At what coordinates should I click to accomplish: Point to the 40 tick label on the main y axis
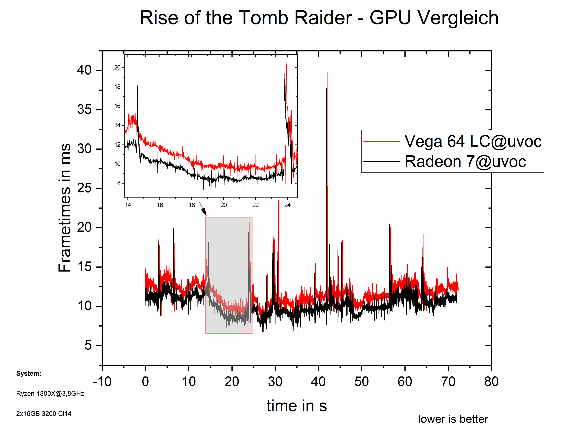(84, 70)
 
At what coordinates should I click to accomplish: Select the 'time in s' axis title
(297, 406)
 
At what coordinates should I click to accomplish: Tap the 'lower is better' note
(453, 419)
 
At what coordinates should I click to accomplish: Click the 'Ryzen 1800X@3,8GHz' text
(50, 393)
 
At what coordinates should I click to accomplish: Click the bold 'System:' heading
(29, 373)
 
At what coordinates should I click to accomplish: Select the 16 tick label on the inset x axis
(160, 205)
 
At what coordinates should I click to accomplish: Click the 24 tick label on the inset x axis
(287, 205)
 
